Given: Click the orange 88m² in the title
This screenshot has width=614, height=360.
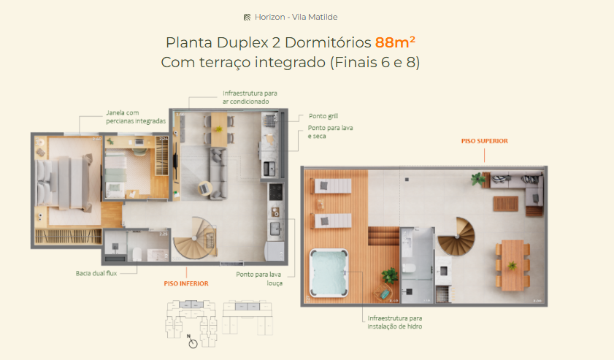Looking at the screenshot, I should pyautogui.click(x=395, y=42).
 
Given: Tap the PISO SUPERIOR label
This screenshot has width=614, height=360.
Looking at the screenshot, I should pyautogui.click(x=484, y=141).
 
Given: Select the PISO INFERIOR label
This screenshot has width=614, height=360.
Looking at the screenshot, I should pyautogui.click(x=186, y=283).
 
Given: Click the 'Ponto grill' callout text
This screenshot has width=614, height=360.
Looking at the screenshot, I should pyautogui.click(x=323, y=116).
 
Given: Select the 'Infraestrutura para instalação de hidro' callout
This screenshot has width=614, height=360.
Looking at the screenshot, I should pyautogui.click(x=395, y=322).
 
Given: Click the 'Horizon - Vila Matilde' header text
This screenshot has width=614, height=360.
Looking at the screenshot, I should pyautogui.click(x=296, y=17).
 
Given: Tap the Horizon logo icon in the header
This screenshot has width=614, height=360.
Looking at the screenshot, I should pyautogui.click(x=247, y=17).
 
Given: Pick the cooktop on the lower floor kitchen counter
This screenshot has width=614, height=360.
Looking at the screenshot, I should pyautogui.click(x=276, y=192).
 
